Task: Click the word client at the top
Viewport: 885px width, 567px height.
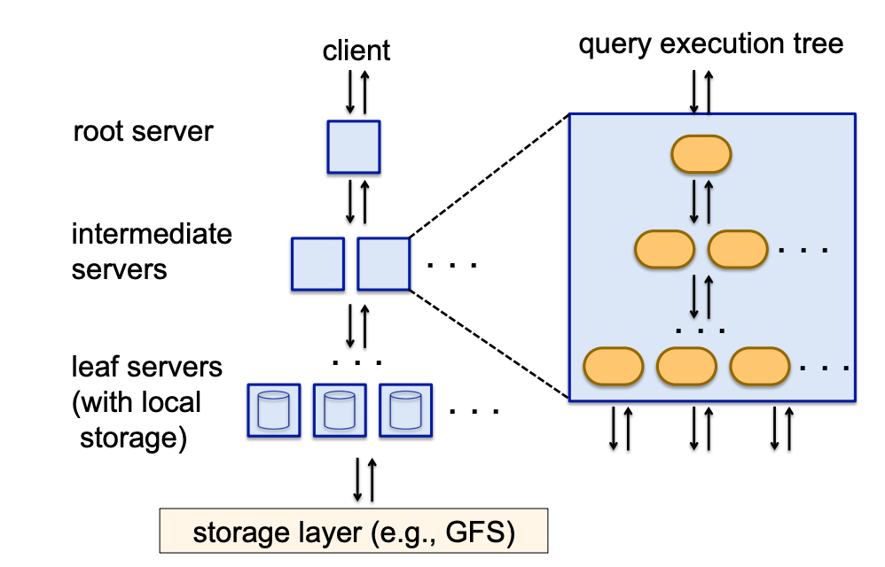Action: tap(356, 50)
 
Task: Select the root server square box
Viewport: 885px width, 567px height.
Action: tap(354, 147)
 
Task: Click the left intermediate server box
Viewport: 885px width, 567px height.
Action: tap(317, 264)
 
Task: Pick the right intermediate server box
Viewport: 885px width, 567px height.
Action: tap(384, 264)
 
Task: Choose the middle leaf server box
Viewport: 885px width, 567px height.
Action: tap(340, 409)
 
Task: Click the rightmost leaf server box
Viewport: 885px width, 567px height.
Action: tap(405, 409)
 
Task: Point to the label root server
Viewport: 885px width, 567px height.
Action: tap(143, 131)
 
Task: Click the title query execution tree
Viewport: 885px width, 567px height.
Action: tap(710, 43)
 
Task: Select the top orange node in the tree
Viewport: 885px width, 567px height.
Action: tap(701, 155)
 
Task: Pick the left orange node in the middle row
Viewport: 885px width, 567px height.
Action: tap(664, 249)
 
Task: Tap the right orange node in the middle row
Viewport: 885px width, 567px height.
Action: tap(737, 249)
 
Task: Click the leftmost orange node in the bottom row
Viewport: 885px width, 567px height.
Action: tap(613, 365)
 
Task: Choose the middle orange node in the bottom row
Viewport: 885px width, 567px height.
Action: tap(685, 365)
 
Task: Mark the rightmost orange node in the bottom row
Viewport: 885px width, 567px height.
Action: tap(759, 365)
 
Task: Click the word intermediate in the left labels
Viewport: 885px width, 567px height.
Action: tap(152, 234)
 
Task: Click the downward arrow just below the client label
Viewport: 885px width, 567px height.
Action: tap(350, 89)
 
